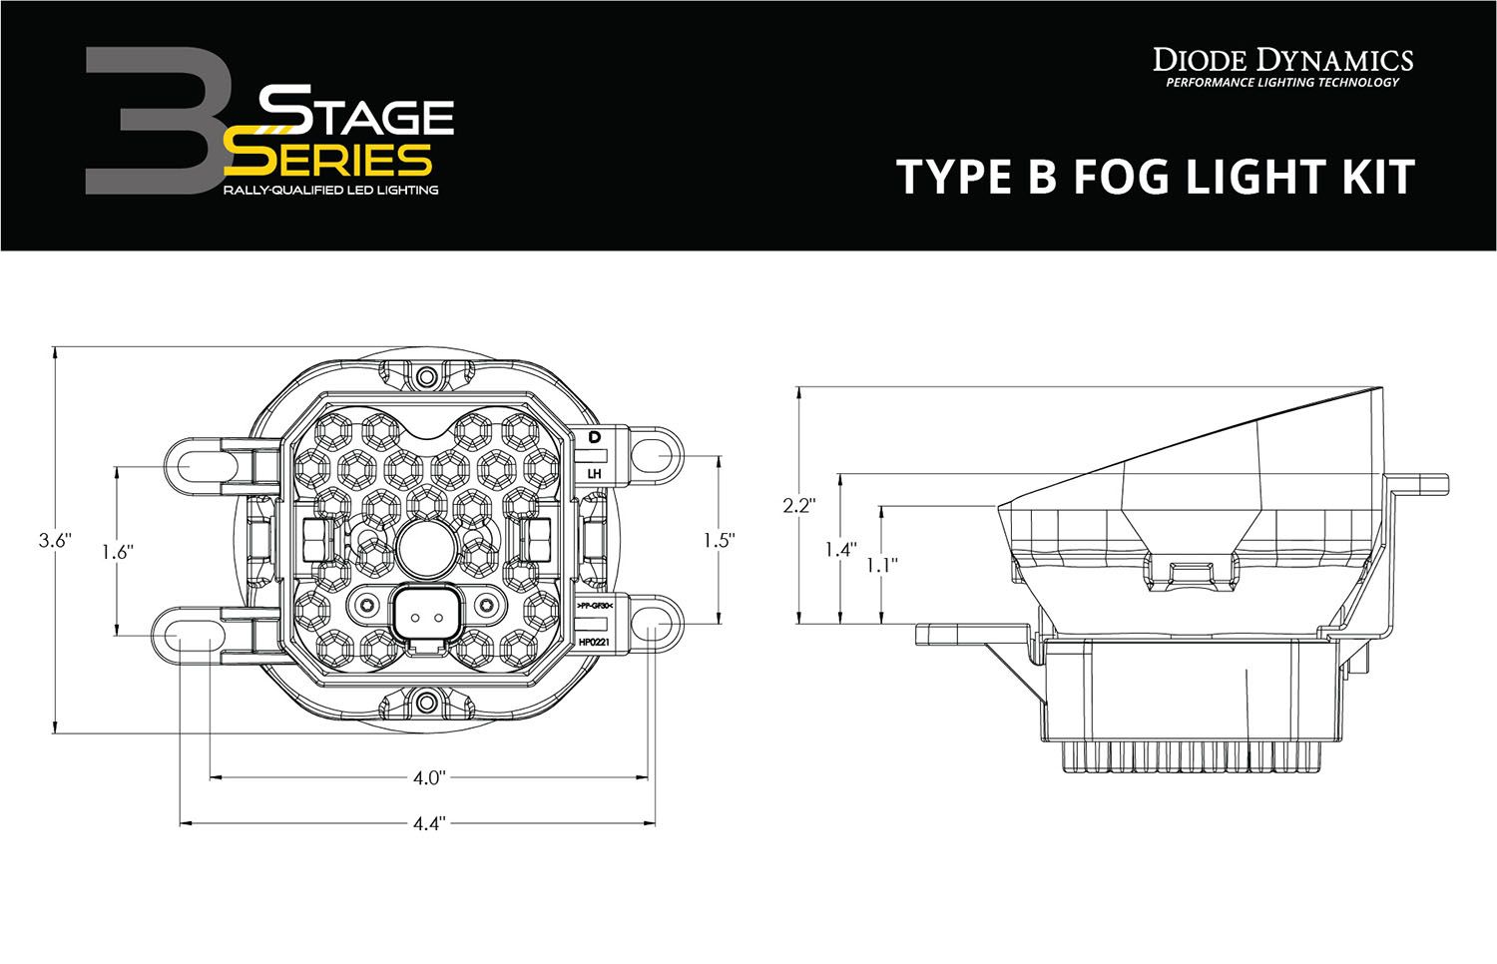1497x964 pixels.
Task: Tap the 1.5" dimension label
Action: pos(719,540)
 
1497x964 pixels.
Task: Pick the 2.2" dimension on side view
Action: pos(799,505)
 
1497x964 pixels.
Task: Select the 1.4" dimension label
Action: pos(840,548)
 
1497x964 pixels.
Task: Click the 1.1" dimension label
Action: pos(881,564)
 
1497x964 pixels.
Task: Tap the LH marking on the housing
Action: pos(595,473)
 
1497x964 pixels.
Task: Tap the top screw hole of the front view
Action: pos(427,377)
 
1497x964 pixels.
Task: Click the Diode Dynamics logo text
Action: pos(1282,60)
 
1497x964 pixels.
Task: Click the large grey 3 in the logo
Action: pos(150,120)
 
